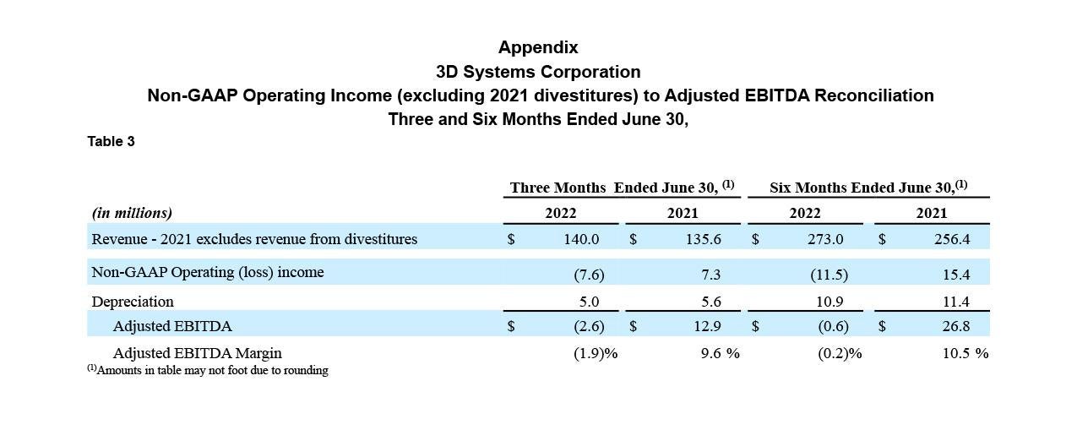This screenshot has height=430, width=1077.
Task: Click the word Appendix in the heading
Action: point(538,47)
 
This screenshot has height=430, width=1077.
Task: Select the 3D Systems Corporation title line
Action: point(538,72)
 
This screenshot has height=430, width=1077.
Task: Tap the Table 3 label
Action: point(111,141)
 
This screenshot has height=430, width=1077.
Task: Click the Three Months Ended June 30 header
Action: point(623,187)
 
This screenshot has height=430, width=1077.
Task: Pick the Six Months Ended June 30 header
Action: point(868,187)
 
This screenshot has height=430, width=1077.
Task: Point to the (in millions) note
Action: point(132,213)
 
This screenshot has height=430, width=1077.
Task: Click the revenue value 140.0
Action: point(581,239)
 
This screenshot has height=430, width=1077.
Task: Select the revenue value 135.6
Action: point(704,239)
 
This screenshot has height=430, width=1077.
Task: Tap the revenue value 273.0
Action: point(825,239)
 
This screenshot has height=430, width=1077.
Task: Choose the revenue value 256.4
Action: point(952,239)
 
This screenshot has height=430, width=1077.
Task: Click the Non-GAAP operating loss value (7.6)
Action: point(589,275)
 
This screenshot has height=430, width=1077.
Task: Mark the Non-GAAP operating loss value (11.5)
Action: point(830,275)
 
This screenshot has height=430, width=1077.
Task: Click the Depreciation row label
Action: point(133,302)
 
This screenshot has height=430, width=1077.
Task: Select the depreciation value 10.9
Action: point(830,302)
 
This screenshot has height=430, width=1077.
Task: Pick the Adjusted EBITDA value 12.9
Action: point(707,326)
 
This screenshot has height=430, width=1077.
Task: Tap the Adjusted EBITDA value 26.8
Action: point(956,326)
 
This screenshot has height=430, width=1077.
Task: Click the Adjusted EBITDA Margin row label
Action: point(197,353)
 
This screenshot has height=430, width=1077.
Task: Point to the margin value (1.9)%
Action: point(596,353)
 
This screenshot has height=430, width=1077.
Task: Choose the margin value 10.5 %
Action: point(965,353)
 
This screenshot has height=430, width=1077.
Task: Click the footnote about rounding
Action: point(208,370)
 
